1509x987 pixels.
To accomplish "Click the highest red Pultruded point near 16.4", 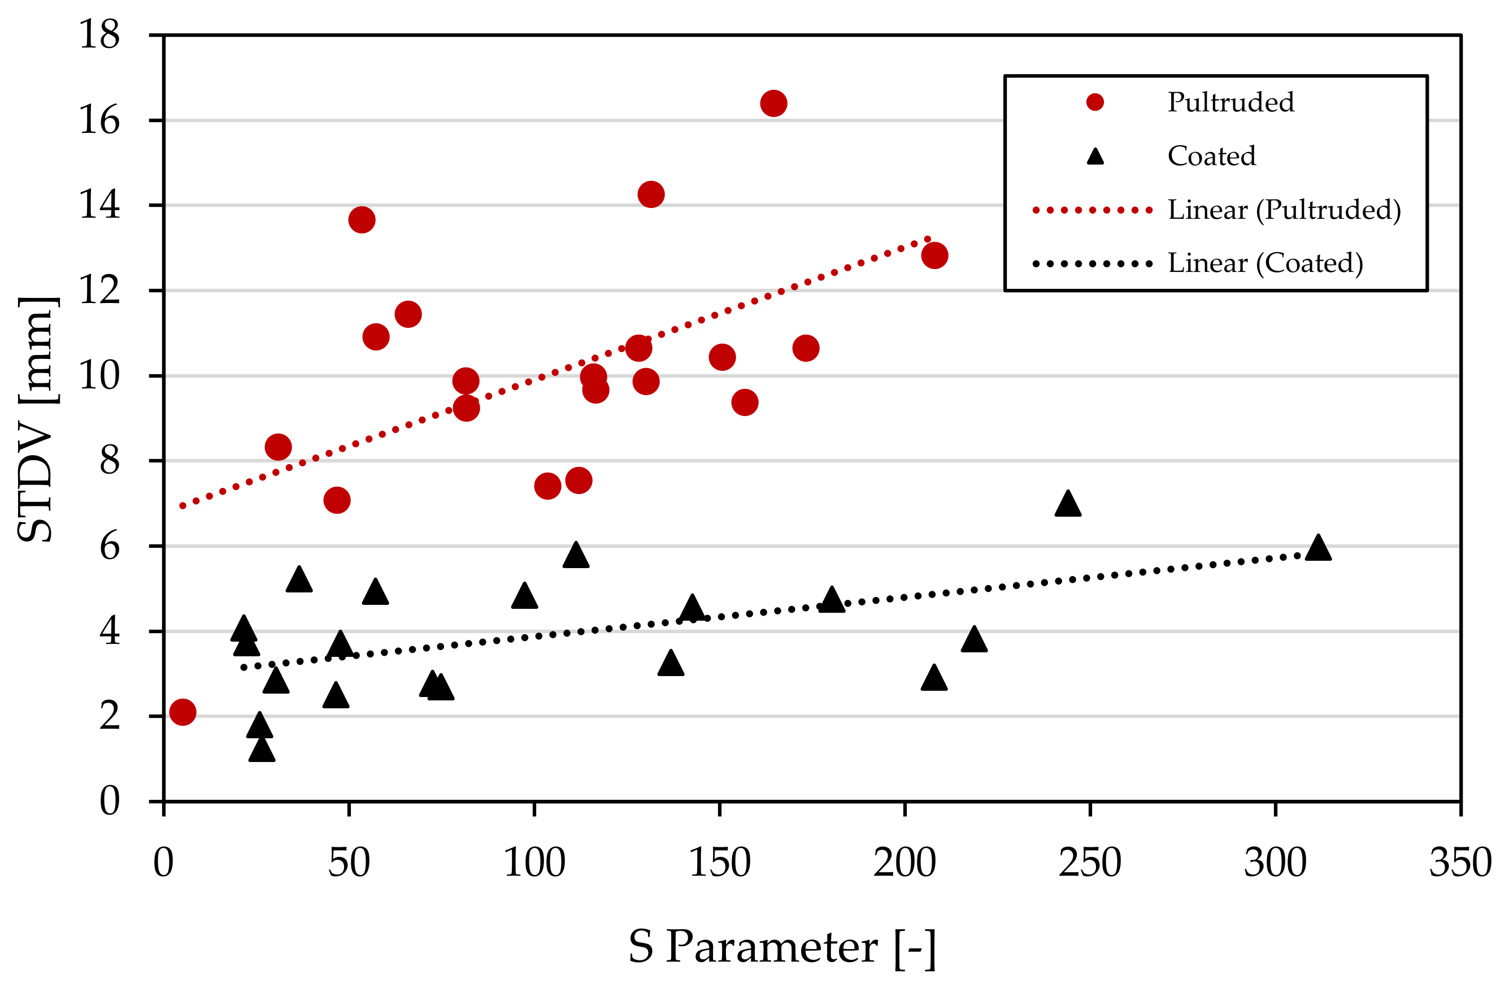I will [x=773, y=103].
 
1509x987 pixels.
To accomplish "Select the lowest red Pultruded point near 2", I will [x=182, y=712].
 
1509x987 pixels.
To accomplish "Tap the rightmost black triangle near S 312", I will [x=1318, y=549].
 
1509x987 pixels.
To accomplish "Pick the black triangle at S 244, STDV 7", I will [x=1068, y=504].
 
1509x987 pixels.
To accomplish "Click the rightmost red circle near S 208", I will [x=934, y=256].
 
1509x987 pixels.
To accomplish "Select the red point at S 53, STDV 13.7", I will [x=362, y=220].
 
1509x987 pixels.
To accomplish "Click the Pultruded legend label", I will [x=1230, y=102].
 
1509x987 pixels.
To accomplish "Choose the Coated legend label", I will [x=1212, y=156].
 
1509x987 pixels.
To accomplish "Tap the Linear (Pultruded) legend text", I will [x=1285, y=210].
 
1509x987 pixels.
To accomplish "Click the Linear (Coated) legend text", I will [x=1266, y=263].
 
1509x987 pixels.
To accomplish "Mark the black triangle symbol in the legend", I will [x=1095, y=157].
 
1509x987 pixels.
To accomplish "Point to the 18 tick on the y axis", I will [x=99, y=34].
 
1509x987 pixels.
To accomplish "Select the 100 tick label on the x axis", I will [x=534, y=863].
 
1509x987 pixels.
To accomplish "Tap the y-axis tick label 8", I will [x=109, y=461].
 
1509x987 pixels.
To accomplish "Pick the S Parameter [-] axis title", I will [x=782, y=947].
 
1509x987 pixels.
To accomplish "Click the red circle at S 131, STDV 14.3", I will [x=650, y=194].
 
